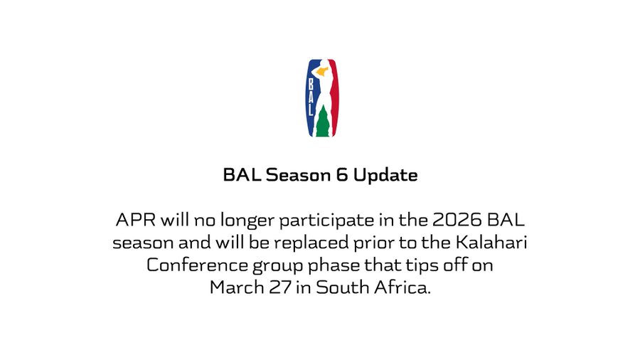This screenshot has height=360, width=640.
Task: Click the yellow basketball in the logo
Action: click(x=322, y=73)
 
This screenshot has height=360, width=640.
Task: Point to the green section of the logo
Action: click(x=322, y=121)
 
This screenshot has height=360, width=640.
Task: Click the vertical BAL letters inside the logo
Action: click(x=311, y=97)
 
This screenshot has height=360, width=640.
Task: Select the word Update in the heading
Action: click(x=385, y=175)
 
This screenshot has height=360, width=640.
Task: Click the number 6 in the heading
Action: click(x=342, y=175)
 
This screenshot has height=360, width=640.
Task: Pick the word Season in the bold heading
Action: click(x=299, y=175)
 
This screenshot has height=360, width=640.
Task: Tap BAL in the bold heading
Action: click(x=242, y=175)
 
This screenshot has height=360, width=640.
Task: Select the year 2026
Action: click(x=457, y=220)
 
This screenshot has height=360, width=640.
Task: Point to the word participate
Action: click(x=326, y=221)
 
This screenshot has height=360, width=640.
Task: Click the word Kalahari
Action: click(x=491, y=243)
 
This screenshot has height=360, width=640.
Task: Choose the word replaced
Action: click(x=311, y=243)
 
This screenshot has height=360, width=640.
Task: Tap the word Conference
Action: click(x=197, y=265)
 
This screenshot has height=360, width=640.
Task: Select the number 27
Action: click(x=280, y=287)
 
